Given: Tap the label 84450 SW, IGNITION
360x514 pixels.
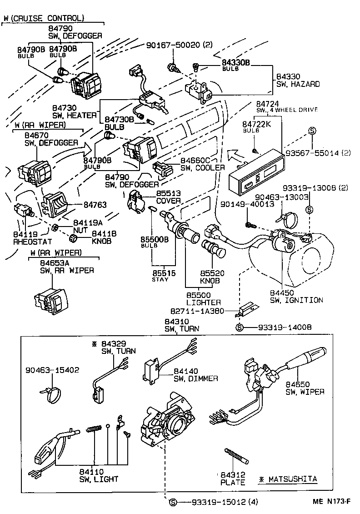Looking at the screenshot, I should pos(296,296).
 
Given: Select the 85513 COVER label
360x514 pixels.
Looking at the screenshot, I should pos(168,197).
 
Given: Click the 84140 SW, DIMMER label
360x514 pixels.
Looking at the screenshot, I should pos(195,375).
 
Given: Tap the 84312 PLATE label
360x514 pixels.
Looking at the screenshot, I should pos(233,479).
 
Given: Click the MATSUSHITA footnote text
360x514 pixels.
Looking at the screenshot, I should pos(288,479).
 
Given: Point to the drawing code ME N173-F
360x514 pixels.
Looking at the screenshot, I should pos(332,502).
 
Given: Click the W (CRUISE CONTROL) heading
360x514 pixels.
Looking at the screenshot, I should pos(44,18).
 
